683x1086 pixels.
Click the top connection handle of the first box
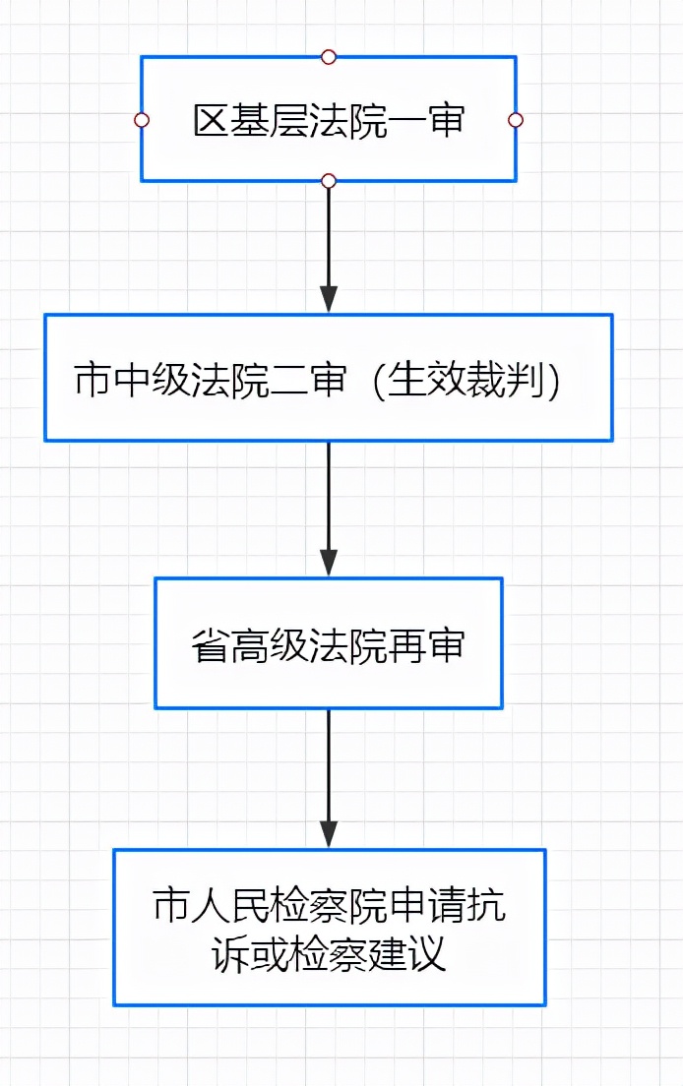click(x=329, y=57)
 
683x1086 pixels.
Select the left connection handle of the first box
click(x=142, y=120)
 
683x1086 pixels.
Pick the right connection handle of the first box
click(x=515, y=120)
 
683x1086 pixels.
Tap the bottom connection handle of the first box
click(x=329, y=181)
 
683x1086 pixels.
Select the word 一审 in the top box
click(x=432, y=121)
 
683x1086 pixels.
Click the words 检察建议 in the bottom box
click(x=369, y=955)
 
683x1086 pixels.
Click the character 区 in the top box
click(x=210, y=121)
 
